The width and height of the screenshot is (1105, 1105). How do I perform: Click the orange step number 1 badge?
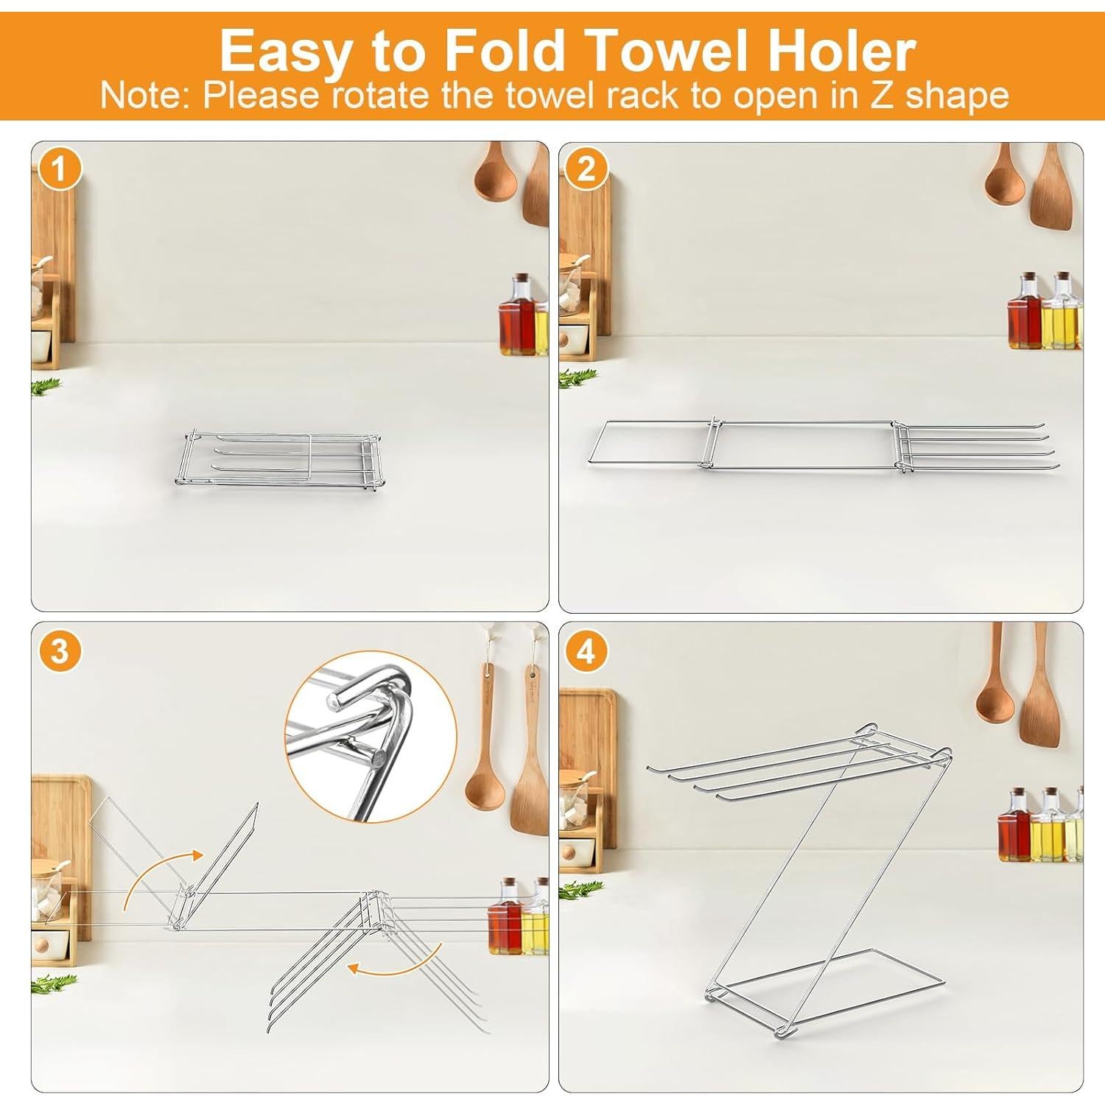pyautogui.click(x=59, y=170)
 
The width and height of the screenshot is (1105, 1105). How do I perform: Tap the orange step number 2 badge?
pyautogui.click(x=586, y=170)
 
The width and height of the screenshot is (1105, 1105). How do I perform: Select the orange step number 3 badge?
pyautogui.click(x=59, y=651)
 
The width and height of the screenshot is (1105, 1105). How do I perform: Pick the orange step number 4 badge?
pyautogui.click(x=586, y=651)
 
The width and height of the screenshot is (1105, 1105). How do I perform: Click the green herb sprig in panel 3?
pyautogui.click(x=53, y=983)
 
